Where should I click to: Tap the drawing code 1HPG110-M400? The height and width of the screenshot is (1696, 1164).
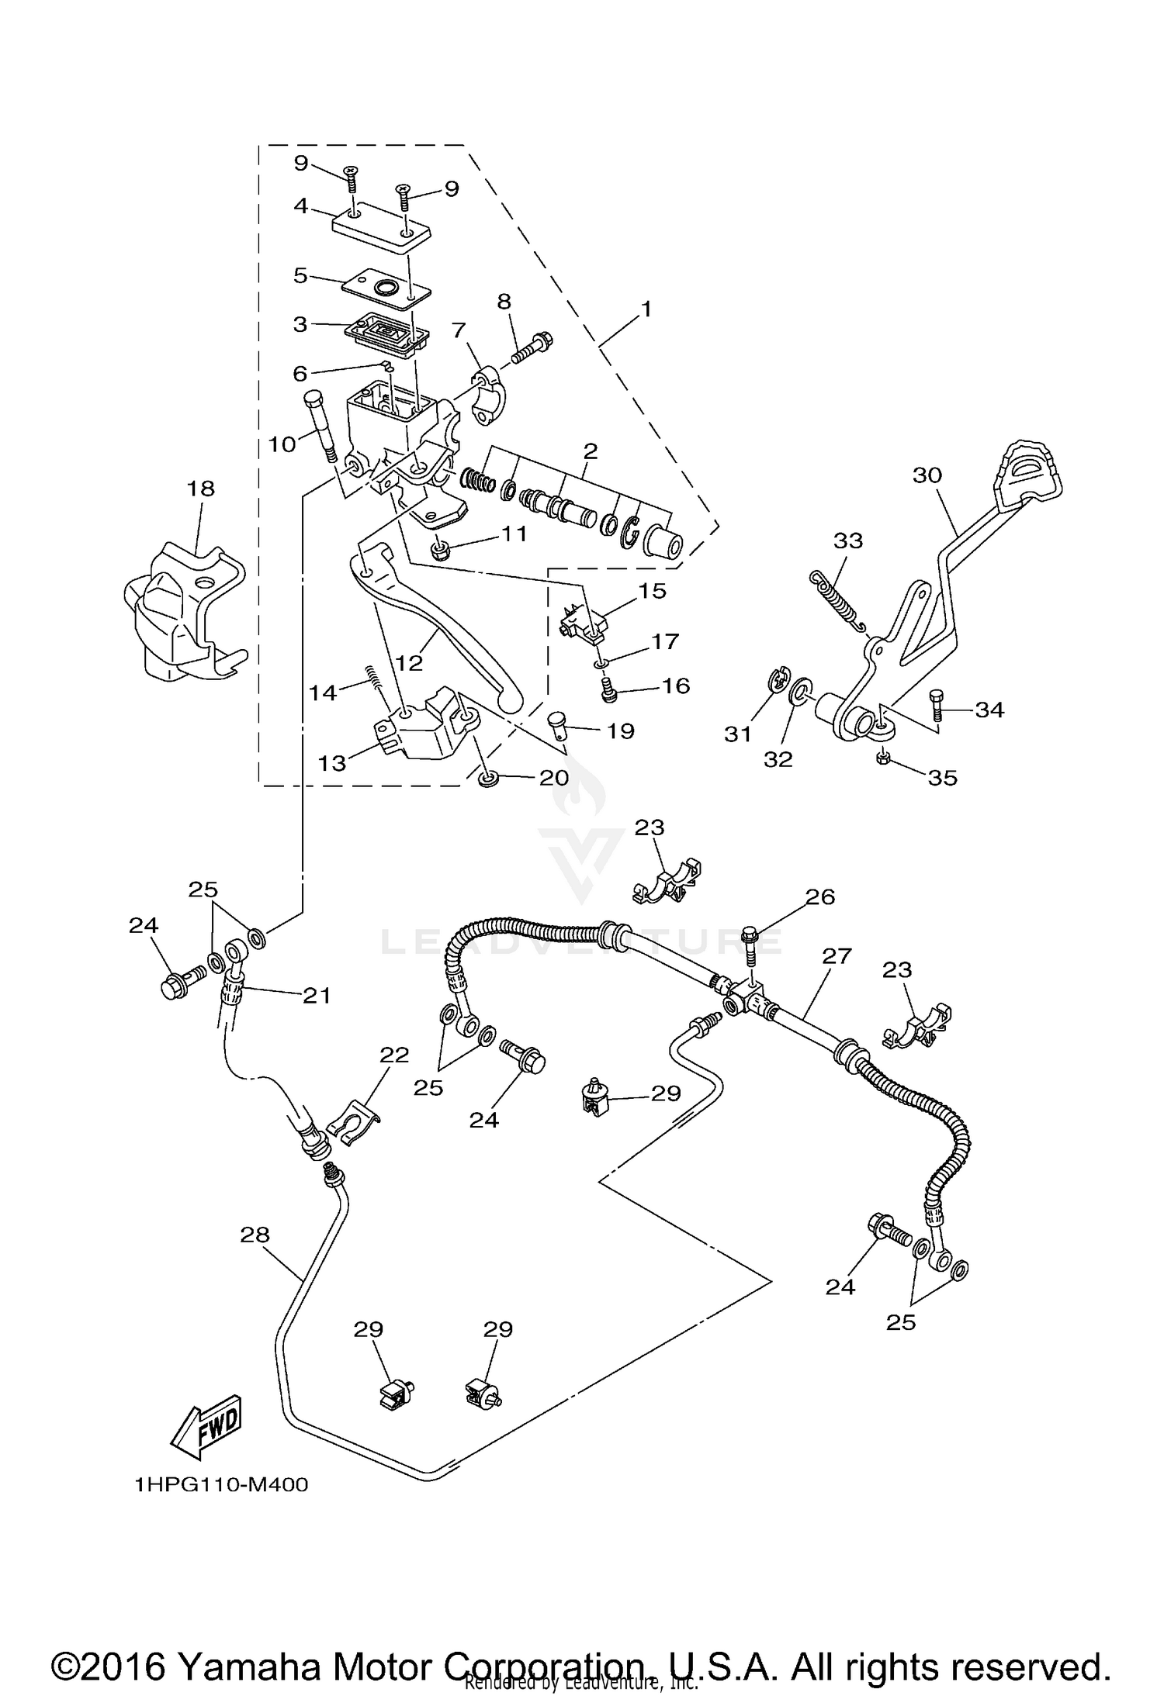221,1485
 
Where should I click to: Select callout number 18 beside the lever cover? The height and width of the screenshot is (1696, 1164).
200,489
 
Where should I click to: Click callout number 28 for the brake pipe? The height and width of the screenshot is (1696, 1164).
255,1234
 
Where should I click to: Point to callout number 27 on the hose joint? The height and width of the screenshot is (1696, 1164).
837,955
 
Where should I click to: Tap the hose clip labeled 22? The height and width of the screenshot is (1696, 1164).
353,1118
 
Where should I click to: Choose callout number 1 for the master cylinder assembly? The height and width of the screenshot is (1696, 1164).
646,309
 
